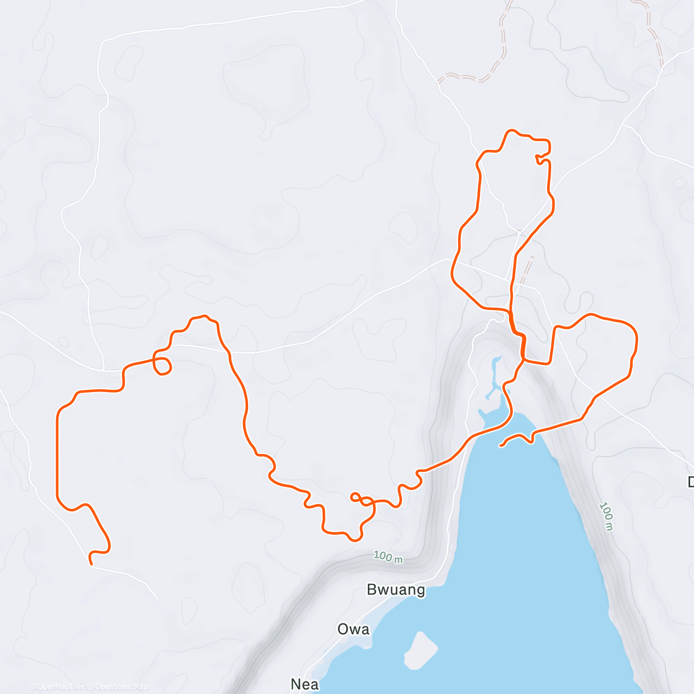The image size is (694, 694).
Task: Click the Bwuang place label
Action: pyautogui.click(x=396, y=590)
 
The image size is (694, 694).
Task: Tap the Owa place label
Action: pyautogui.click(x=353, y=629)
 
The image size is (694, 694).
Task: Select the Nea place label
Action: pyautogui.click(x=305, y=684)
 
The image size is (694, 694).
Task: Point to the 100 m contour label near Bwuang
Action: pyautogui.click(x=387, y=557)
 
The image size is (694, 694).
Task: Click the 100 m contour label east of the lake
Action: pyautogui.click(x=606, y=516)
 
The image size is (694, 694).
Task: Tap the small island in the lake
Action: pyautogui.click(x=420, y=650)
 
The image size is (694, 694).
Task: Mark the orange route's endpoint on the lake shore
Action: pyautogui.click(x=500, y=445)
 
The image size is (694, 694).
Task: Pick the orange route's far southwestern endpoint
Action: pyautogui.click(x=91, y=563)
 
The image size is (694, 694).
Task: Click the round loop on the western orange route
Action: pyautogui.click(x=163, y=366)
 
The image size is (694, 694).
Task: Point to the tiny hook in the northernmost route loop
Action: pyautogui.click(x=541, y=158)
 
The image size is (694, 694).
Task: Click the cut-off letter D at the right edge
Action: pyautogui.click(x=691, y=482)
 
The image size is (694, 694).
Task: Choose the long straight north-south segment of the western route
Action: pyautogui.click(x=57, y=451)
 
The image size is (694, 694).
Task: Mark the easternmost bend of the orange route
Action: pyautogui.click(x=637, y=338)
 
